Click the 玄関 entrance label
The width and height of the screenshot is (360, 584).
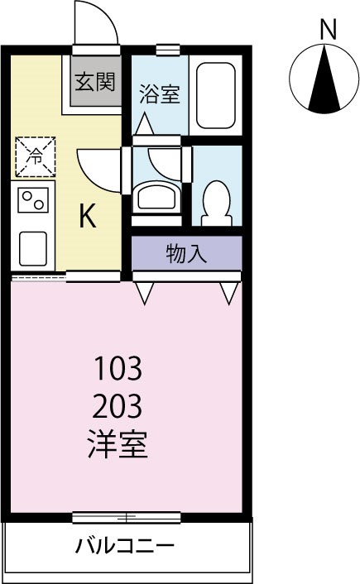click(96, 82)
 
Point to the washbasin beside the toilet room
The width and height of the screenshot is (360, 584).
click(157, 198)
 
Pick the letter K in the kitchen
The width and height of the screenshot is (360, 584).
click(88, 217)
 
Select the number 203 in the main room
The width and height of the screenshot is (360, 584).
click(118, 406)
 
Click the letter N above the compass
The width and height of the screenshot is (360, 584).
click(328, 30)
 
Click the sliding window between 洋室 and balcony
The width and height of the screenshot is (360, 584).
click(127, 518)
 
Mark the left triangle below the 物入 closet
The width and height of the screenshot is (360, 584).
click(145, 292)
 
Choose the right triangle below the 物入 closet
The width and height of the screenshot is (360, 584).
click(229, 292)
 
